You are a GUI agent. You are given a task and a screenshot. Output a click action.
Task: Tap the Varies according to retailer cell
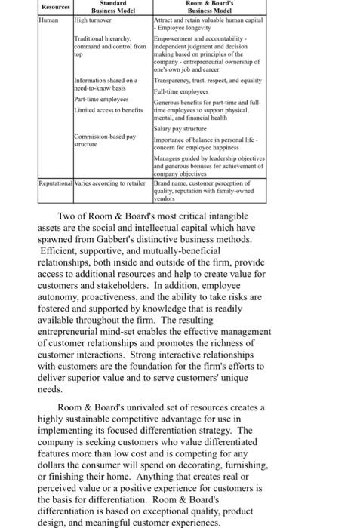tap(111, 183)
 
